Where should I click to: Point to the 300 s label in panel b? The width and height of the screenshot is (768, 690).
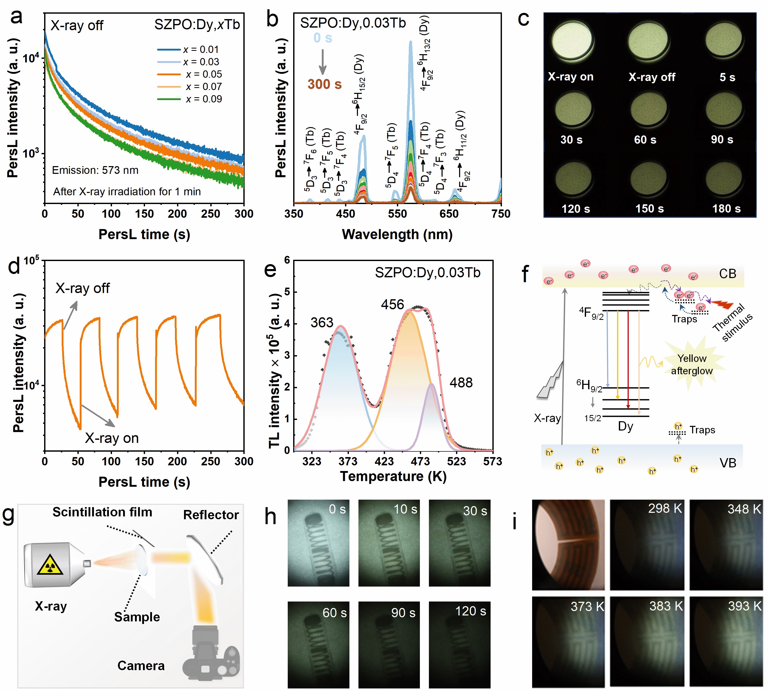coord(324,84)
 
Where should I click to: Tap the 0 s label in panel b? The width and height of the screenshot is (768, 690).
coord(323,38)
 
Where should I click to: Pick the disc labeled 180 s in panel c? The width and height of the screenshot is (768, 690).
coord(724,180)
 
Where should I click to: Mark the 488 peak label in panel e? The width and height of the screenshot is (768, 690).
coord(461,383)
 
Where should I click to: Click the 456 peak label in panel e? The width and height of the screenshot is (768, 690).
coord(392,304)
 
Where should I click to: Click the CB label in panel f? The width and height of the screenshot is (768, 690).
coord(727,274)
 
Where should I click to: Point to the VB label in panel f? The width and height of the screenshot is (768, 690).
coord(727,463)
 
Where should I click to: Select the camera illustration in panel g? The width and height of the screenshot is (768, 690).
coord(211,655)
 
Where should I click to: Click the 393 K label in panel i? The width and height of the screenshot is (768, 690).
coord(745,606)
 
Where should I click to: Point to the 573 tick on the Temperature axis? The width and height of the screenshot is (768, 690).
coord(492,461)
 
